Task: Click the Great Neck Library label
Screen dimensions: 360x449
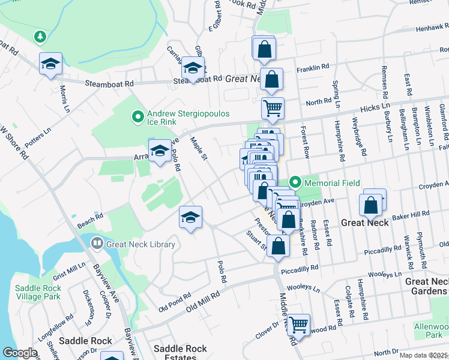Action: pos(140,244)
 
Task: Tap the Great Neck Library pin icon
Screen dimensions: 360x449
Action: pos(97,244)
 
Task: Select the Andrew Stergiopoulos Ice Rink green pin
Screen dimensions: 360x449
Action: pos(137,116)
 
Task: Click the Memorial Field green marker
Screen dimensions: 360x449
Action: pos(295,182)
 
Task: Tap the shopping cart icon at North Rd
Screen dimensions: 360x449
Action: pos(273,108)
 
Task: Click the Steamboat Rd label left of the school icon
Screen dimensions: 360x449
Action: pos(108,84)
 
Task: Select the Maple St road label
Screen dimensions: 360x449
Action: pos(198,149)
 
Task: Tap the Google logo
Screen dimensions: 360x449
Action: pos(19,353)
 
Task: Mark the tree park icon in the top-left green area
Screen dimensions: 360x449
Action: pos(40,37)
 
